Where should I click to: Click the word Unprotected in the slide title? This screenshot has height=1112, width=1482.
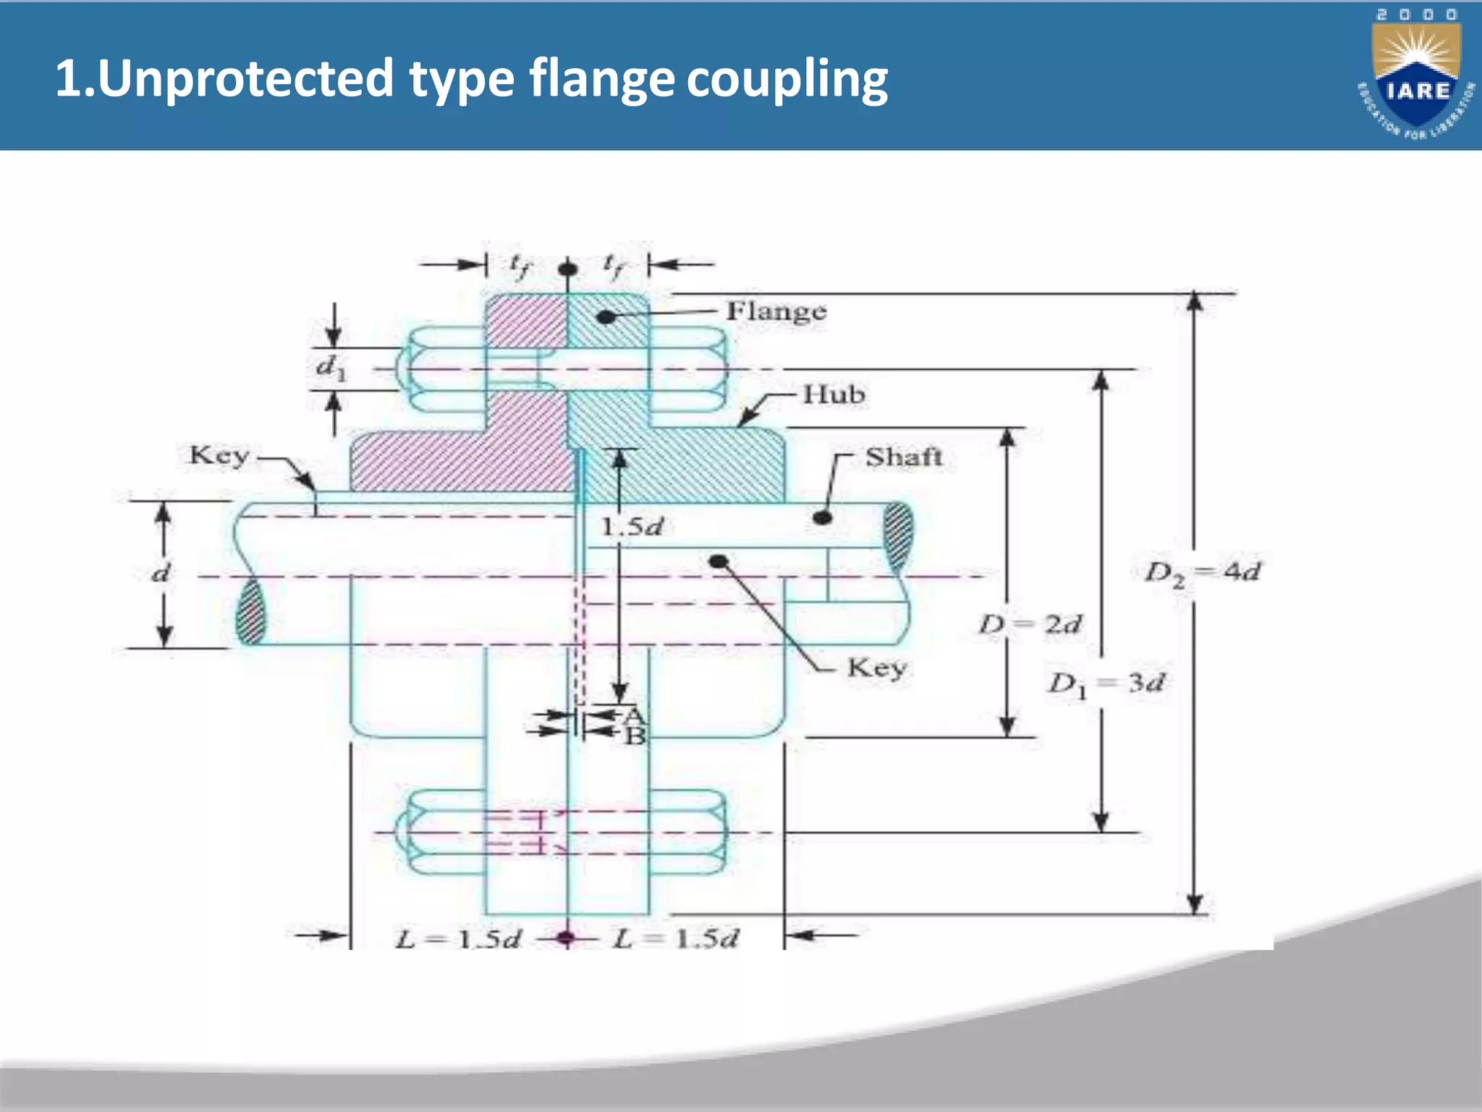pos(245,78)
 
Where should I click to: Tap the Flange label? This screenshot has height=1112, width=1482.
pos(776,311)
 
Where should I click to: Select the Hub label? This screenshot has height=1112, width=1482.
pos(834,395)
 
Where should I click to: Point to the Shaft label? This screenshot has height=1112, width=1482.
pos(903,457)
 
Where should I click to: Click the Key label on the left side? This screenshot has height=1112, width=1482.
pos(219,455)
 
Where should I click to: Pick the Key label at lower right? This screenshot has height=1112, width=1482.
pos(876,667)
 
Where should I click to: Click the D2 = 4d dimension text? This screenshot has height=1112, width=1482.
pos(1202,572)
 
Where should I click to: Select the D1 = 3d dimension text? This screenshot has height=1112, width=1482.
pos(1106,683)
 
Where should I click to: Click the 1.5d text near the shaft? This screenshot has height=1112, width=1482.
pos(632,527)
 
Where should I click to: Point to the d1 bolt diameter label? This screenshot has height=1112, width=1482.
pos(331,367)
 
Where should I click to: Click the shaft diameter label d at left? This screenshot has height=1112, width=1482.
pos(161,573)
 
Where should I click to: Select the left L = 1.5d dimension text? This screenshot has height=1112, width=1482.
pos(458,939)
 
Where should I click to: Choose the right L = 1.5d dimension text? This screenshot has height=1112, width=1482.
pos(676,939)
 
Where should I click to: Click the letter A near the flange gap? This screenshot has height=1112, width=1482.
pos(634,716)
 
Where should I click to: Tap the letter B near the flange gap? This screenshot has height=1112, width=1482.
pos(635,736)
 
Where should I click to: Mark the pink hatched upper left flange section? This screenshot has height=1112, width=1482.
pos(525,321)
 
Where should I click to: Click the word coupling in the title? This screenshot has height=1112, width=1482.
pos(787,78)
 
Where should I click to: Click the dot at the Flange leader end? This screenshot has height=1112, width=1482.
pos(606,316)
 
